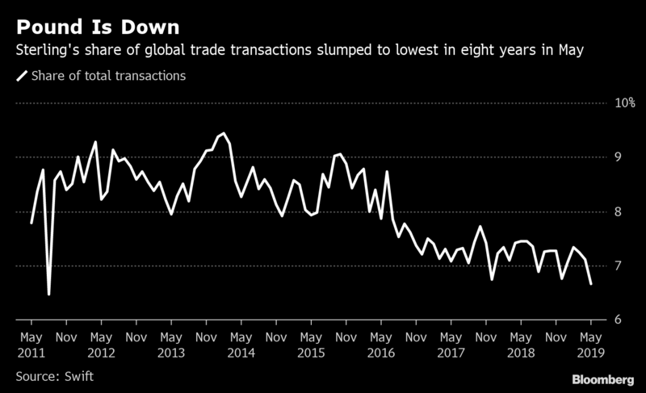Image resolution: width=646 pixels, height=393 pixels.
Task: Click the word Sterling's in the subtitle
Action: [x=44, y=50]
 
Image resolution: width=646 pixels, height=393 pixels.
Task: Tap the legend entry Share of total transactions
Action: [x=108, y=76]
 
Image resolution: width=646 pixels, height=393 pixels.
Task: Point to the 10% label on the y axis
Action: [x=626, y=103]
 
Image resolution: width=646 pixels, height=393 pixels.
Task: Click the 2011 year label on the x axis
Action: [x=31, y=353]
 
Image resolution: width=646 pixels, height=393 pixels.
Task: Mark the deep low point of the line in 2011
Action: [x=49, y=295]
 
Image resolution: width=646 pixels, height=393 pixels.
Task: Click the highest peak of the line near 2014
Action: [x=223, y=133]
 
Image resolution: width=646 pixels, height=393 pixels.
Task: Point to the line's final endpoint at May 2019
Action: [x=591, y=284]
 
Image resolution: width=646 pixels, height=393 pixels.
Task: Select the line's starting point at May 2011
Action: [x=31, y=224]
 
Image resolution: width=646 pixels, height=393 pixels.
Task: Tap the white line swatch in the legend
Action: [x=21, y=77]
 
